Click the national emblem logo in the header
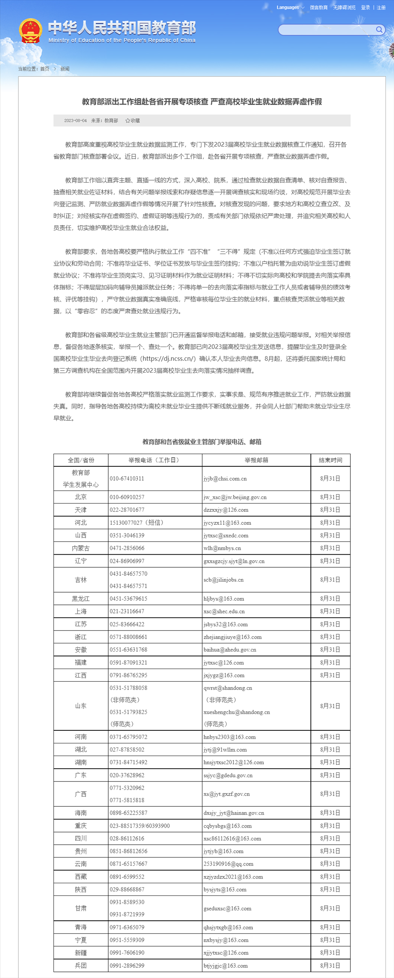pos(30,31)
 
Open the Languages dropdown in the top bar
pos(290,7)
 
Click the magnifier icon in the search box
pos(379,29)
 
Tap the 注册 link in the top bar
pos(381,7)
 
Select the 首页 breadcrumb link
pos(45,69)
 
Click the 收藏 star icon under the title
pos(128,121)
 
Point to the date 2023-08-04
pos(76,121)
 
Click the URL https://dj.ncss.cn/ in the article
pos(168,358)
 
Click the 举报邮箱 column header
pos(256,460)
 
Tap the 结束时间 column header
pos(330,460)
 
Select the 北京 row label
pos(81,497)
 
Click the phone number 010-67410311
pos(127,478)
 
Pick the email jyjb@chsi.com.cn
pos(225,478)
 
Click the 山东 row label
pos(81,705)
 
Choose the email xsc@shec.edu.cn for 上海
pos(224,611)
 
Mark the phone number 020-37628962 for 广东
pos(127,775)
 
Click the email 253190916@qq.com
pos(229,864)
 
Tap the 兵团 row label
pos(81,965)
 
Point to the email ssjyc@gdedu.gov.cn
pos(228,775)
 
